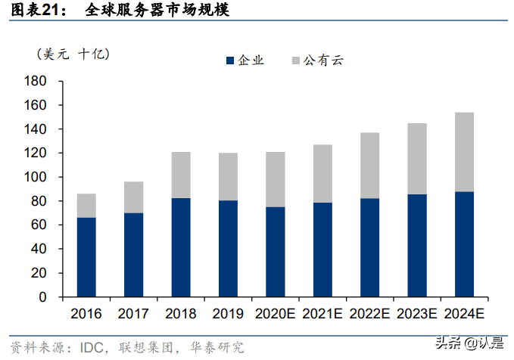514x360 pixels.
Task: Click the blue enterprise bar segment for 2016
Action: tap(86, 257)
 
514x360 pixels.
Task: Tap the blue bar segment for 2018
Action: tap(180, 247)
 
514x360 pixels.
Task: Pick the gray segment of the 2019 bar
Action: tap(227, 176)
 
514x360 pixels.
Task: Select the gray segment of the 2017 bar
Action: tap(133, 197)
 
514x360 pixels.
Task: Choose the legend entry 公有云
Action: tap(316, 61)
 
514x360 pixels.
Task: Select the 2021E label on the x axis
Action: tap(321, 313)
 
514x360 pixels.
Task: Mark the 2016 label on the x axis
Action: tap(86, 313)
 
